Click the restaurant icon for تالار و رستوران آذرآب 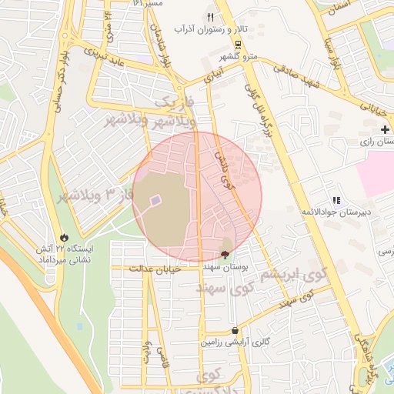pyautogui.click(x=210, y=17)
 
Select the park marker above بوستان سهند pyautogui.click(x=225, y=254)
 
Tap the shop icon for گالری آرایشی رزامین pyautogui.click(x=234, y=330)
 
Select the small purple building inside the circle pyautogui.click(x=155, y=201)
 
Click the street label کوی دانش pyautogui.click(x=224, y=170)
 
